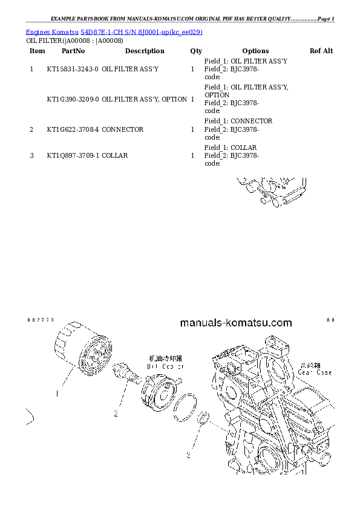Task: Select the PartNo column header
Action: pos(73,51)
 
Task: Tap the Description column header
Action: pos(145,51)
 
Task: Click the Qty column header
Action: pos(196,51)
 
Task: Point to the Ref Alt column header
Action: pos(321,51)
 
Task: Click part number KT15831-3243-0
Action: pos(73,70)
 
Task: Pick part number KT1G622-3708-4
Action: pos(73,130)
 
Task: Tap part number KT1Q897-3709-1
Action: pos(73,156)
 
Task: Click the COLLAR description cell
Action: pos(115,156)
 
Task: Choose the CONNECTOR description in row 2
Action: pos(123,130)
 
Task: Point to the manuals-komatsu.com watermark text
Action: pos(236,323)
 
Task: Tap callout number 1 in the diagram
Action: pos(57,394)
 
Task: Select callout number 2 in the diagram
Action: pos(114,414)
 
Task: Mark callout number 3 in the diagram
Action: pos(188,454)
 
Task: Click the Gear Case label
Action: pos(315,373)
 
